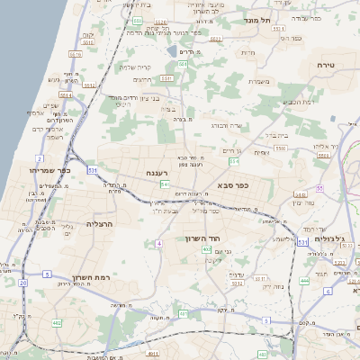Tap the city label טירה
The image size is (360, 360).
[x=327, y=66]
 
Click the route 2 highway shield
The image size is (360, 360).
[x=40, y=158]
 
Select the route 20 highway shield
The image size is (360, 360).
[x=22, y=283]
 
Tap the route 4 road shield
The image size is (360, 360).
[x=157, y=244]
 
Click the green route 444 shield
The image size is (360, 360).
[x=304, y=281]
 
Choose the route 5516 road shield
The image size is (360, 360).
[x=76, y=54]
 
